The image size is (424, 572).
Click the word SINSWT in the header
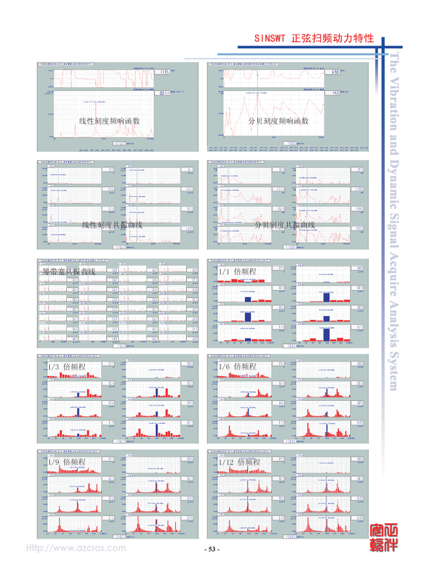tap(269, 39)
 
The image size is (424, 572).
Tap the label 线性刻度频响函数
tap(110, 120)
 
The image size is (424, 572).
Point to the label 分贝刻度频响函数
tap(279, 120)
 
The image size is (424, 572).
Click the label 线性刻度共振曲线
tap(112, 225)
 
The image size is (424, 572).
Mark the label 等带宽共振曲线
tap(68, 271)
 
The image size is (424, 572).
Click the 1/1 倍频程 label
tap(237, 271)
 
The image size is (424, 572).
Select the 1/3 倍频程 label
tap(66, 366)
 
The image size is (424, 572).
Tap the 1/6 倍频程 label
tap(237, 366)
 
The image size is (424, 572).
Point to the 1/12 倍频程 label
tap(239, 461)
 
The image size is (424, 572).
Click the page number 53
tap(212, 549)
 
